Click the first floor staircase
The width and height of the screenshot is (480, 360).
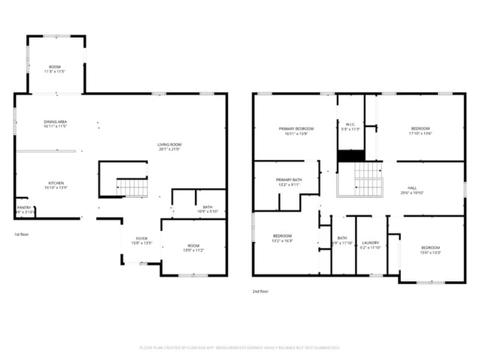(133, 188)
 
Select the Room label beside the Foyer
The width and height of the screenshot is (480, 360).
(193, 248)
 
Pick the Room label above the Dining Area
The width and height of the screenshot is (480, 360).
(55, 69)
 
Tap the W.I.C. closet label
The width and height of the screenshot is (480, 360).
(351, 125)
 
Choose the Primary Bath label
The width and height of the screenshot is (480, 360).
(289, 182)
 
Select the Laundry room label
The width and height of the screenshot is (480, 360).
(370, 245)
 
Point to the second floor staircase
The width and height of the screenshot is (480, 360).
(367, 179)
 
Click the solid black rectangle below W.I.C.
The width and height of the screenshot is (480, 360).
(351, 156)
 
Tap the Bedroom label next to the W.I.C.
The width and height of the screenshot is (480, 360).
(420, 131)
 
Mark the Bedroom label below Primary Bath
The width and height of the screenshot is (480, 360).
(283, 238)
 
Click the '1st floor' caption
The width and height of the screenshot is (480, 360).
(22, 235)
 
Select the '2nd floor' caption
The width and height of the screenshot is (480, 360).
(261, 291)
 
